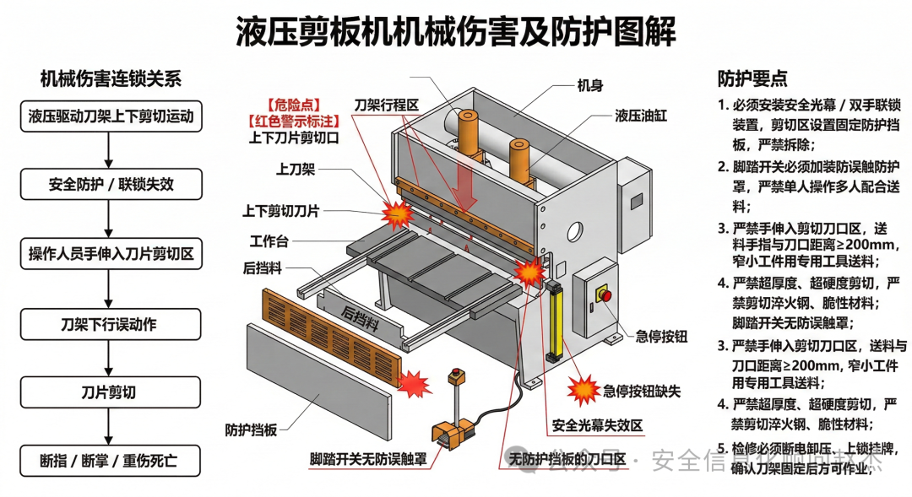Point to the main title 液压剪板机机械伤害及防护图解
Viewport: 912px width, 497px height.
pyautogui.click(x=456, y=33)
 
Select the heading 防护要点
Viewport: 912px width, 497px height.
pyautogui.click(x=752, y=79)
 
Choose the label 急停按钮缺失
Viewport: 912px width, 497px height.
pyautogui.click(x=641, y=391)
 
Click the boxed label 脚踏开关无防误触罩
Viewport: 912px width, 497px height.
pyautogui.click(x=367, y=460)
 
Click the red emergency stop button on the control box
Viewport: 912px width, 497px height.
pyautogui.click(x=603, y=294)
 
